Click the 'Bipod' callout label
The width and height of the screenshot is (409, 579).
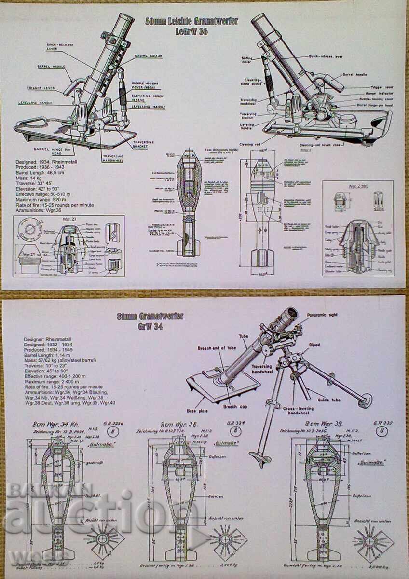click(314, 345)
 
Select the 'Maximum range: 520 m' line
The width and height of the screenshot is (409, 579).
click(47, 200)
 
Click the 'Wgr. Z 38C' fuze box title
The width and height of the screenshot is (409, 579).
click(358, 185)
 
